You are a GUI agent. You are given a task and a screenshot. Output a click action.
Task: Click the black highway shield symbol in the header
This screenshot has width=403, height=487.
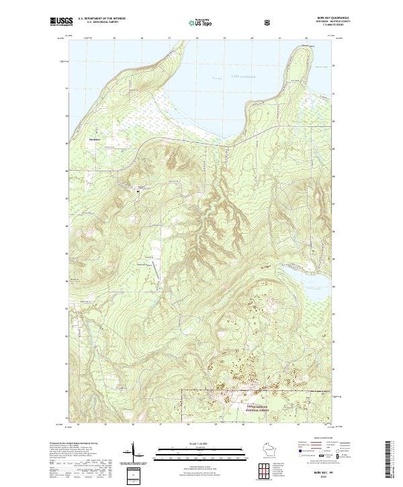pos(269,21)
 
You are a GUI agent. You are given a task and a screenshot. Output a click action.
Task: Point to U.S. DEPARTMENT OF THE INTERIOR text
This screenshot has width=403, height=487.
pos(102,18)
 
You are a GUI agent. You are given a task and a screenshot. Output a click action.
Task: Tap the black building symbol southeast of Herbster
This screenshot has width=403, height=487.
pos(139,191)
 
